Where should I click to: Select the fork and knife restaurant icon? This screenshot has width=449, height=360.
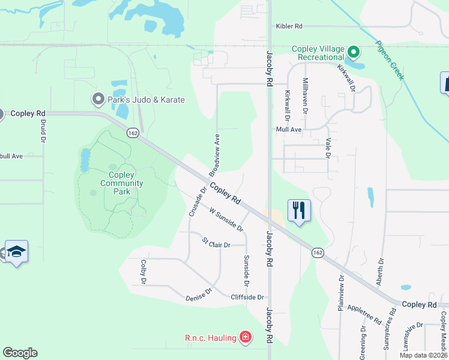[x=299, y=210]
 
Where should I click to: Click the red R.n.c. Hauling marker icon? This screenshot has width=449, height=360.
[x=244, y=338]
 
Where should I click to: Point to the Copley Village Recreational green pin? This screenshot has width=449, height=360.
[x=354, y=52]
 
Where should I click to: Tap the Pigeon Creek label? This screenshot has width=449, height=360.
[x=390, y=61]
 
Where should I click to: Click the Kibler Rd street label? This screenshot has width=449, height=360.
[x=289, y=26]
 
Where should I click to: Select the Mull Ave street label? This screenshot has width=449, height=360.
[x=288, y=129]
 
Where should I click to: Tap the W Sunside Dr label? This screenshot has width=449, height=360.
[x=226, y=220]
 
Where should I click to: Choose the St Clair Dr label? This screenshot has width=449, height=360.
[x=215, y=244]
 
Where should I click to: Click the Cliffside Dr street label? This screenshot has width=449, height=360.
[x=247, y=297]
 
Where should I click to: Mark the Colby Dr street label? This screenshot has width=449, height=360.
[x=143, y=272]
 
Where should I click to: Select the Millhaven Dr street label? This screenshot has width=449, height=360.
[x=305, y=95]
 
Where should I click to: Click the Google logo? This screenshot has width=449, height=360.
[x=20, y=353]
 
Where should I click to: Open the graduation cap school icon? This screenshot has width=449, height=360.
[x=17, y=252]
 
